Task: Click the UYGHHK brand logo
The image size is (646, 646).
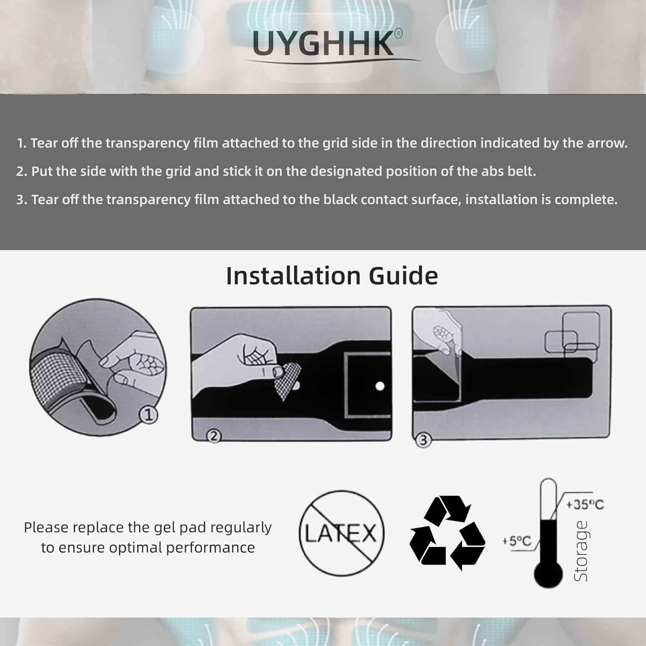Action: point(323,43)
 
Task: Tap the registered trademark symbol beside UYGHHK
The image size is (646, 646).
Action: point(398,34)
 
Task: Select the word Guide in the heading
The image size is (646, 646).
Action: point(404,276)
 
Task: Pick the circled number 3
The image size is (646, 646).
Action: point(423,440)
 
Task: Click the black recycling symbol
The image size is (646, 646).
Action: point(447,533)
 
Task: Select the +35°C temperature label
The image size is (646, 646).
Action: point(585,504)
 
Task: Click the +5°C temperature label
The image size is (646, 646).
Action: point(517,541)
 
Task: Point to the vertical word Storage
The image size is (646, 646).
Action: point(581,551)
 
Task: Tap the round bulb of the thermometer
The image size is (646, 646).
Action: point(548,575)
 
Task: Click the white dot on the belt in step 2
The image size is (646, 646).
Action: point(380,386)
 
